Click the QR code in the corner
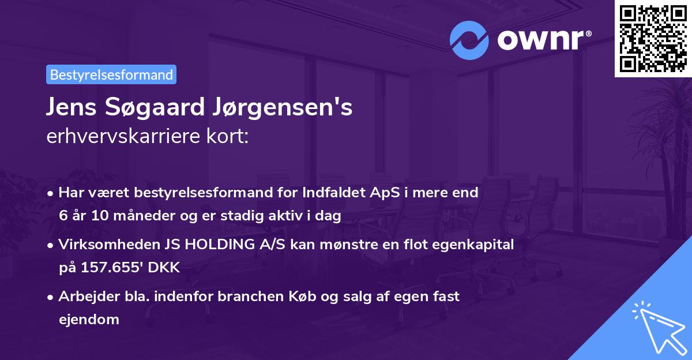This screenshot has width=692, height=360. point(653,38)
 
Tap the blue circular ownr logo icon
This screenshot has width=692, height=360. point(469,41)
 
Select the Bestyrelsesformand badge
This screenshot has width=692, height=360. point(111,74)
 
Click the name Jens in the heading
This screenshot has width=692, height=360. point(72,108)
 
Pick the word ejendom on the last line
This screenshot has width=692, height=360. point(88,319)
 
